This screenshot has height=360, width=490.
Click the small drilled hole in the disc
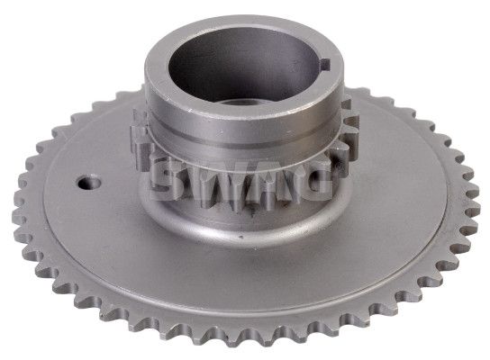click(90, 183)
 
